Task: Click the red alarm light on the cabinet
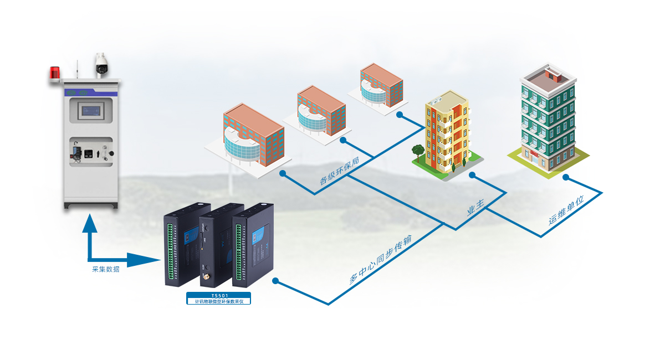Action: [54, 73]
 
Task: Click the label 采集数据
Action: [105, 270]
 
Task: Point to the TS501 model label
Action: [219, 296]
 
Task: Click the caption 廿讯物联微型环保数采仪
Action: [219, 302]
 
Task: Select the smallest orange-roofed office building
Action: [381, 84]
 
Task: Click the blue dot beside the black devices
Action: [275, 281]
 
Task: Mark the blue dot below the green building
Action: [566, 177]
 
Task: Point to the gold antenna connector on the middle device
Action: [204, 275]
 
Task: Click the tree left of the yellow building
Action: [418, 150]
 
